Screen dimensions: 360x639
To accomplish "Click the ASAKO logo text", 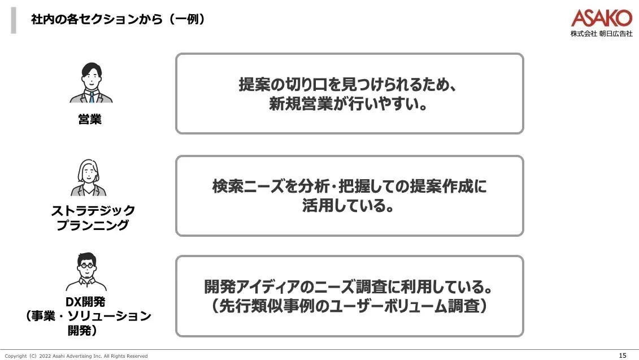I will click(x=601, y=18).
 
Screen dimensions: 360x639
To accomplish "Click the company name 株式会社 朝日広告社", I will click(x=601, y=34).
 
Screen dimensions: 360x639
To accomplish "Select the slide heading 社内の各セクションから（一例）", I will click(x=118, y=20).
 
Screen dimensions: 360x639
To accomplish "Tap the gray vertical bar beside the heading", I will click(x=14, y=20).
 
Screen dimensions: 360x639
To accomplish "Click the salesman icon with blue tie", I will click(x=91, y=83).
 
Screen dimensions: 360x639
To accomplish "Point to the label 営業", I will click(x=90, y=119).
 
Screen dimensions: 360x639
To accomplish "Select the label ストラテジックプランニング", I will click(x=93, y=218).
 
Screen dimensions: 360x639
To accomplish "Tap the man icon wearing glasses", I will click(x=86, y=271).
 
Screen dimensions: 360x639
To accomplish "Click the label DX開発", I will click(x=86, y=302).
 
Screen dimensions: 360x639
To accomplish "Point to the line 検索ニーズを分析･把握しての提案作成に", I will click(x=349, y=186).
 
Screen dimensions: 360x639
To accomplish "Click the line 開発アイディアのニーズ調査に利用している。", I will click(x=349, y=287).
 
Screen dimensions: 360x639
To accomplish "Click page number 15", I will click(x=623, y=355).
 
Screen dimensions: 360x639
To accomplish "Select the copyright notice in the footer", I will click(x=76, y=356).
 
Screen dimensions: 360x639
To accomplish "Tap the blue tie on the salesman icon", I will click(x=91, y=97).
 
